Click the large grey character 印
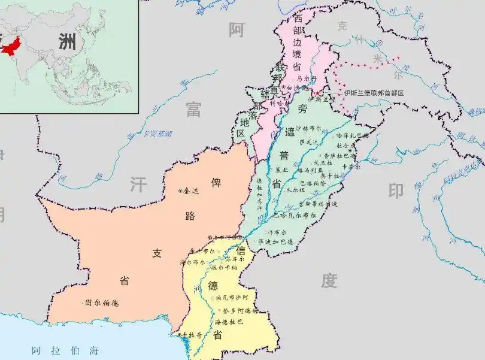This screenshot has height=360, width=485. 396,191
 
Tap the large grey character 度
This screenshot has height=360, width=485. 329,280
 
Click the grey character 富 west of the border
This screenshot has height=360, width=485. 193,109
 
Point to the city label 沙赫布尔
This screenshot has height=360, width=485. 309,128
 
